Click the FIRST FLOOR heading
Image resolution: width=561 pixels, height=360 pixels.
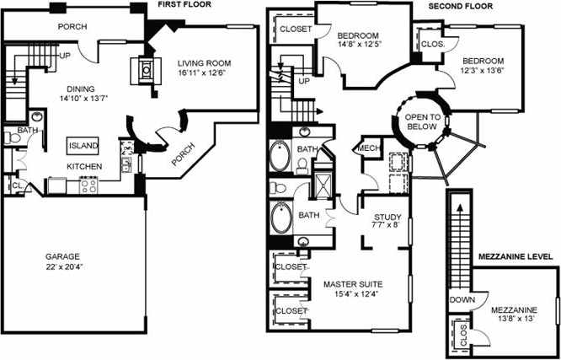pos(183,7)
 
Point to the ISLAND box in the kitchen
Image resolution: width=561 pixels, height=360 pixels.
pos(85,146)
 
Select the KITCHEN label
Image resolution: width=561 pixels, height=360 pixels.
pos(84,167)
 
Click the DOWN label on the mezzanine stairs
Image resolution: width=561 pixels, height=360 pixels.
pos(462,300)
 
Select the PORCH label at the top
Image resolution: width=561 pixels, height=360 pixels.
pos(72,26)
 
